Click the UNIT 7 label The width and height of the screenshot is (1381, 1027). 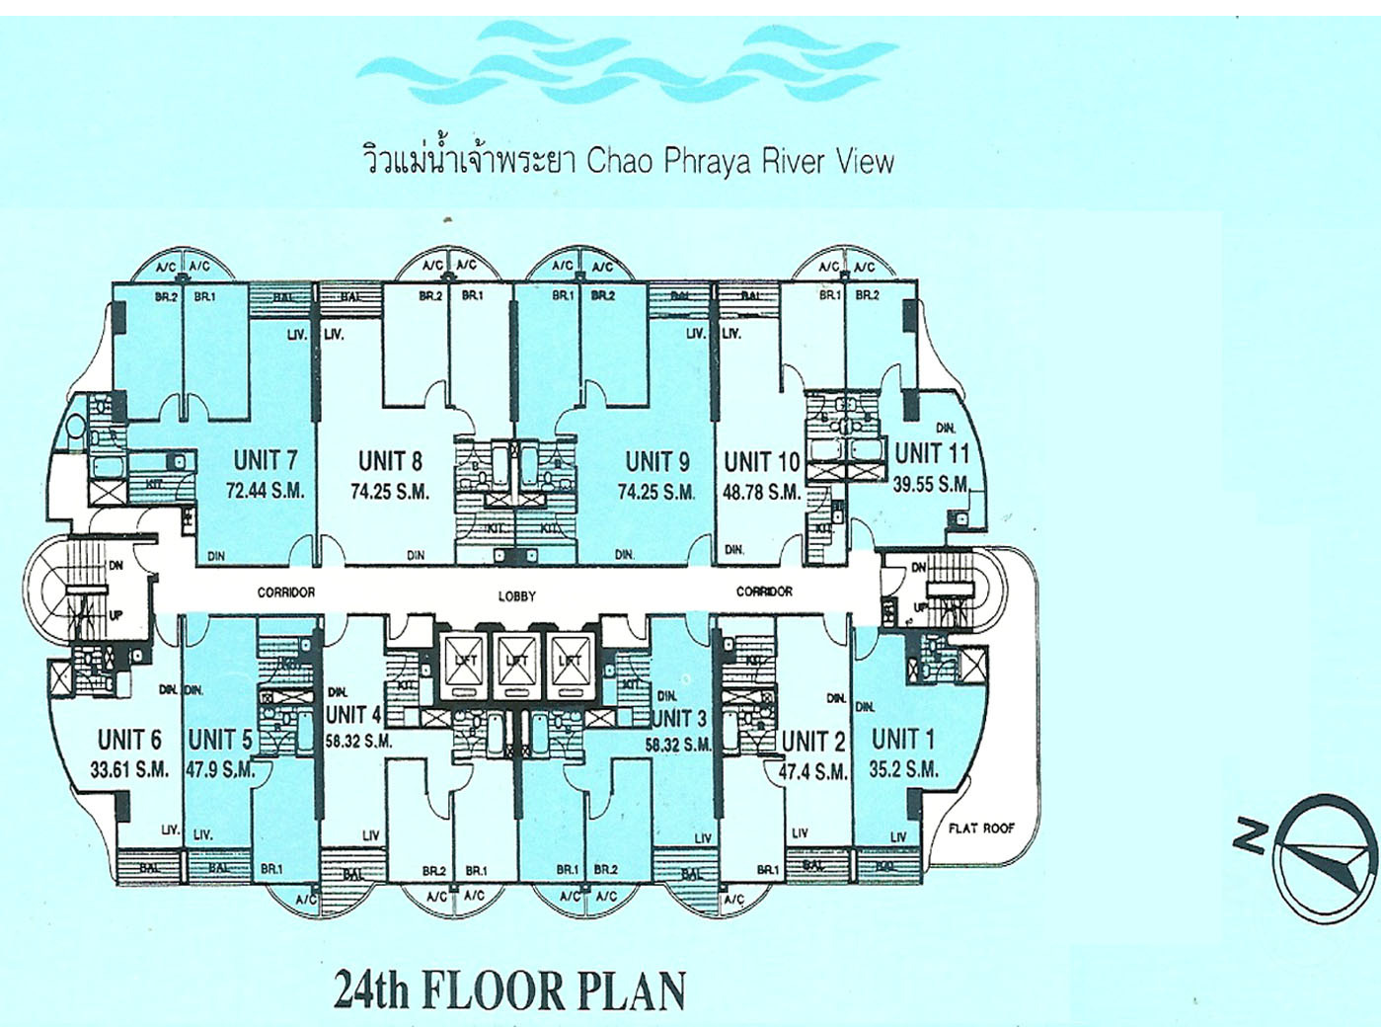pyautogui.click(x=265, y=460)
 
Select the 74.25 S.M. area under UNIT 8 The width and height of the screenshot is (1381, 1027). pyautogui.click(x=390, y=492)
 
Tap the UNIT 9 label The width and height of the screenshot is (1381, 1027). pyautogui.click(x=656, y=461)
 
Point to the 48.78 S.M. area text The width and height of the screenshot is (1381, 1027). pyautogui.click(x=761, y=492)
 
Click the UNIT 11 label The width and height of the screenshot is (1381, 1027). pyautogui.click(x=932, y=453)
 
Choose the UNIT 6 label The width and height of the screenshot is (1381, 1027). pyautogui.click(x=129, y=740)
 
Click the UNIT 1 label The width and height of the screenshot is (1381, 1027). pyautogui.click(x=903, y=739)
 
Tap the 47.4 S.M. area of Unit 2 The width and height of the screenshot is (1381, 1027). pyautogui.click(x=812, y=771)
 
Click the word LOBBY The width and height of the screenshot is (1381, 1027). pyautogui.click(x=516, y=595)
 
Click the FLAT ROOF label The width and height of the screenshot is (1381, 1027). pyautogui.click(x=981, y=829)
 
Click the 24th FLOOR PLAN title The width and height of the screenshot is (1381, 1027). pyautogui.click(x=509, y=990)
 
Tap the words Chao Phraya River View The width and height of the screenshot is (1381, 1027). pyautogui.click(x=740, y=161)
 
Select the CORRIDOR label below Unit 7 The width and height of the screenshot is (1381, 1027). pyautogui.click(x=286, y=592)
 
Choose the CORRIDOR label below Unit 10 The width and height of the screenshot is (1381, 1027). pyautogui.click(x=764, y=592)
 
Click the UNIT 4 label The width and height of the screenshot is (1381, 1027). pyautogui.click(x=353, y=714)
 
